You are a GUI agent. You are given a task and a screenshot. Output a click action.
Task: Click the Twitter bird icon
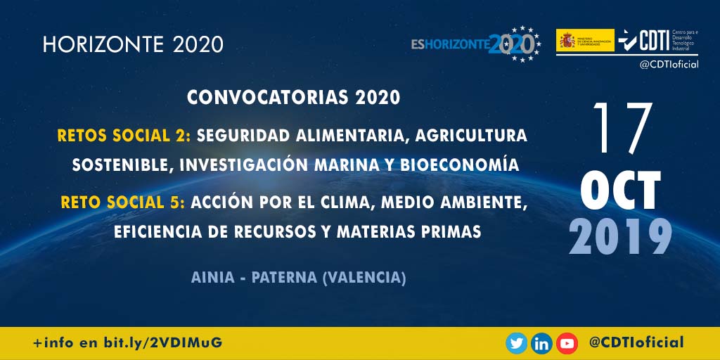coord(517,343)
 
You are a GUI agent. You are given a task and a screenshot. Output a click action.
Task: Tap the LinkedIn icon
coord(541,343)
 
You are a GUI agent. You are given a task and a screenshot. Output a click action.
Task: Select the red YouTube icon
coord(566,343)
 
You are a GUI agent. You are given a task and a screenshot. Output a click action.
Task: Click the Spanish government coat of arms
coord(567,41)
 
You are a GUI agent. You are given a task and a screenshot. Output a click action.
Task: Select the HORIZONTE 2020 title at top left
coord(133,44)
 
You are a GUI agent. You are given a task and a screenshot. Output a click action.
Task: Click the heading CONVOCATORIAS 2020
coord(293,98)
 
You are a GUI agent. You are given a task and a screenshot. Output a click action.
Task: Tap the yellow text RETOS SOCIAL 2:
coord(124,135)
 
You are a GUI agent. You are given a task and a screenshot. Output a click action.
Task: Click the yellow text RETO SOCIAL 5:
coord(123,202)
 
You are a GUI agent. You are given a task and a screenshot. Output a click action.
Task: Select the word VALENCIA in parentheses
coord(363,278)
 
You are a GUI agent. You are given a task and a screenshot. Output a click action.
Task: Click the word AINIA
coord(212,278)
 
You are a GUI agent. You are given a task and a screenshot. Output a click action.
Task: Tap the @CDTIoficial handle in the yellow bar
coord(636,343)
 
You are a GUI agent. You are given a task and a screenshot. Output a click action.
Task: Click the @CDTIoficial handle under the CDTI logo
coord(668,65)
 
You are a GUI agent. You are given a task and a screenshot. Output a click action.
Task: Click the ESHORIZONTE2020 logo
coord(475,44)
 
